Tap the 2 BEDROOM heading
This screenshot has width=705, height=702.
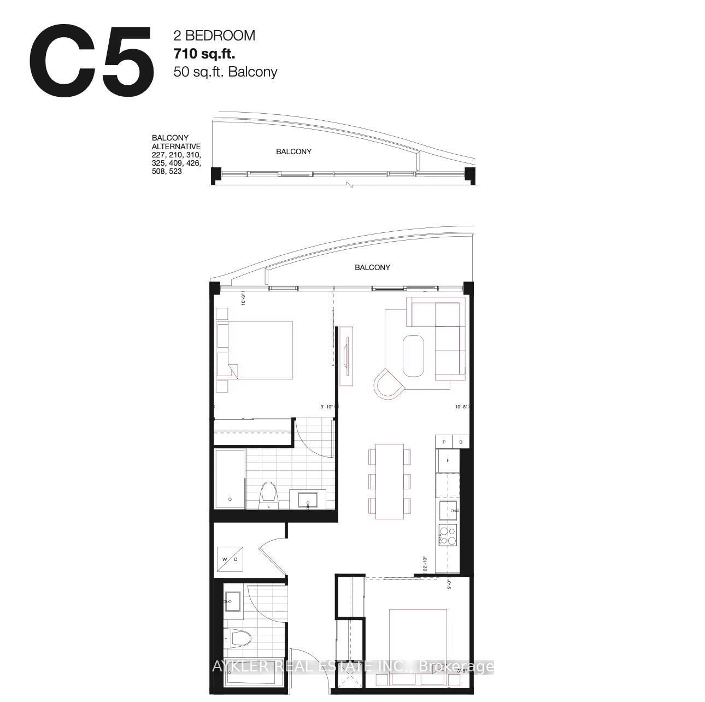[214, 36]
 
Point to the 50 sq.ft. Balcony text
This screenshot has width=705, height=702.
[225, 72]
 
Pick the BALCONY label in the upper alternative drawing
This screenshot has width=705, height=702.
[293, 151]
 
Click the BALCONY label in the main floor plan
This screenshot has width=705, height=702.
[372, 267]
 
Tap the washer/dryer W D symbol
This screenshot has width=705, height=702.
[230, 559]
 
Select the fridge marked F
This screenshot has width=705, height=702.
[448, 460]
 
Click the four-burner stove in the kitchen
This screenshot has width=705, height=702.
[448, 535]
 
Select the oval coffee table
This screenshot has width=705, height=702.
[414, 355]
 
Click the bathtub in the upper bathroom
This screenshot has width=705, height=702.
[230, 479]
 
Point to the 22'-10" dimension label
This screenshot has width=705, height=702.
[425, 563]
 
